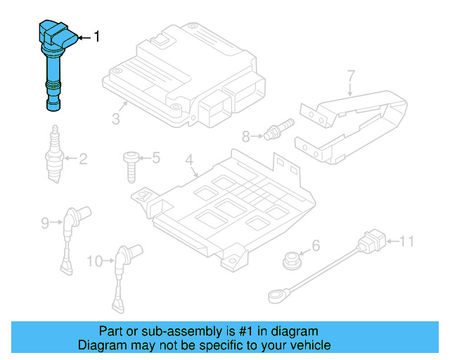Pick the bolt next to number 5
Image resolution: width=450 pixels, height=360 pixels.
(131, 165)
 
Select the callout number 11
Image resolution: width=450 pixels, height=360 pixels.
(407, 243)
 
